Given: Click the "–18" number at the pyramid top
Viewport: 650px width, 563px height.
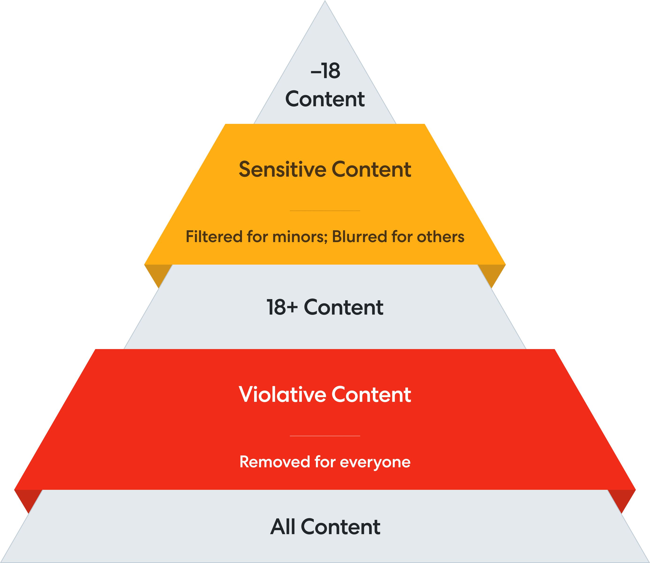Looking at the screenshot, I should tap(325, 71).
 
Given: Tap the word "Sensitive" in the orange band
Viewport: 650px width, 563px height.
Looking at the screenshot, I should tap(283, 169).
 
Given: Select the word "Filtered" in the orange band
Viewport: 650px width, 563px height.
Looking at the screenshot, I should tap(214, 236).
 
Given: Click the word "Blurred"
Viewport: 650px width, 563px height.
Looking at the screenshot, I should tap(359, 236).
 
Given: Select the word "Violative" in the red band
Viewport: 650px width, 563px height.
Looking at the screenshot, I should tap(282, 395).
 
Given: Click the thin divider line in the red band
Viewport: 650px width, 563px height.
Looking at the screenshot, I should tap(325, 436).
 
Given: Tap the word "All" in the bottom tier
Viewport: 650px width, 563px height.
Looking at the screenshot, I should tap(283, 527).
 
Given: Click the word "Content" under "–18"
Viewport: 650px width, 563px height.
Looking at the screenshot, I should tap(325, 99).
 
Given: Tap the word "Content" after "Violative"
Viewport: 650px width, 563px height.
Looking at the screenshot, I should tap(371, 395).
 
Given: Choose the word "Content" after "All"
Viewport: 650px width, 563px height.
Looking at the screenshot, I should tap(340, 527).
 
